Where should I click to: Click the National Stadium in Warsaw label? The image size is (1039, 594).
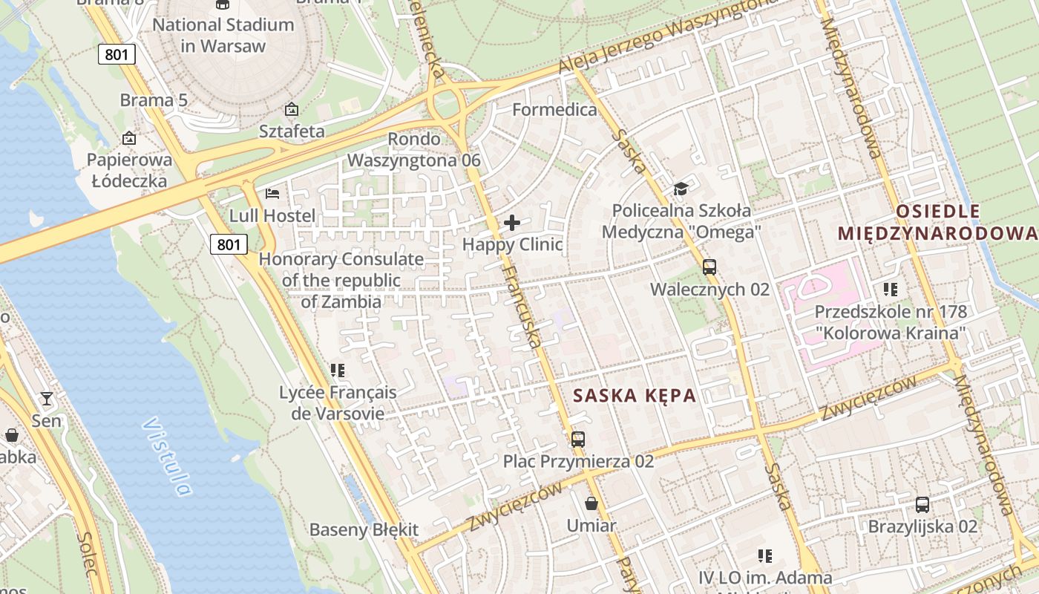tap(223, 35)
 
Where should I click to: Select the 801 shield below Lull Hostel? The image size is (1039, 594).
tap(228, 244)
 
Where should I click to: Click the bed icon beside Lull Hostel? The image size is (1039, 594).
tap(272, 194)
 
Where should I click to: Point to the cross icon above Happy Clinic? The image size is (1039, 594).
tap(512, 222)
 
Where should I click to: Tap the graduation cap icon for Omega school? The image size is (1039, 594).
tap(681, 189)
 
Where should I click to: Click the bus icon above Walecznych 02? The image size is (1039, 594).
tap(709, 267)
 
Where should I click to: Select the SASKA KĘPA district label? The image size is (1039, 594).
tap(635, 396)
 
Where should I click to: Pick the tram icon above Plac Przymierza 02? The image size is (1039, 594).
tap(578, 439)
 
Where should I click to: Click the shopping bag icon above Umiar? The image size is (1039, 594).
tap(591, 503)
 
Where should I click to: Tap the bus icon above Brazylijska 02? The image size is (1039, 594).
tap(922, 505)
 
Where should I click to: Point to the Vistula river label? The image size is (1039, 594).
tap(167, 457)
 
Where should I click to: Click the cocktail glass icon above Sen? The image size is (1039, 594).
tap(47, 399)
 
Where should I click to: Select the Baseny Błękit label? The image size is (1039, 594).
tap(364, 530)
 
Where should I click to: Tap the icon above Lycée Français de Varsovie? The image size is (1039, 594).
tap(338, 370)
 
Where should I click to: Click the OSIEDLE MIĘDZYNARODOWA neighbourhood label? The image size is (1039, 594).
tap(937, 222)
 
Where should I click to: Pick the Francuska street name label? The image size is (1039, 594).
tap(520, 305)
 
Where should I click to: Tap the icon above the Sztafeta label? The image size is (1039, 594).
tap(292, 110)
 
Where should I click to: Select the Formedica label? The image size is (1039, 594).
tap(554, 110)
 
